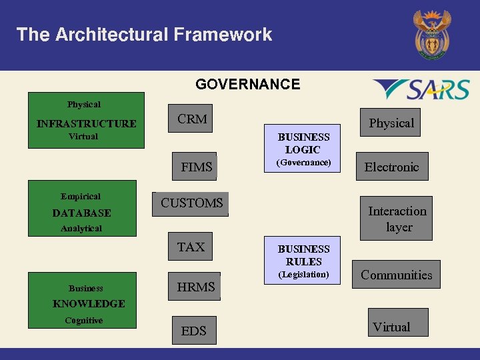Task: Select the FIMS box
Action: pyautogui.click(x=195, y=167)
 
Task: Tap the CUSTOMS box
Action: pyautogui.click(x=191, y=204)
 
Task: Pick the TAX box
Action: pyautogui.click(x=191, y=247)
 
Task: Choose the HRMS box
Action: pyautogui.click(x=195, y=287)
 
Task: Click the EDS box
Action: pyautogui.click(x=194, y=331)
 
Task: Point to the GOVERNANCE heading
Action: pyautogui.click(x=247, y=85)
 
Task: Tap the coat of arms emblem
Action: pyautogui.click(x=431, y=35)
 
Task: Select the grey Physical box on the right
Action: pyautogui.click(x=391, y=123)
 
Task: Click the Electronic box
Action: pyautogui.click(x=391, y=167)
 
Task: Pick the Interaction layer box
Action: pyautogui.click(x=397, y=219)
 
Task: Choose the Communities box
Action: pyautogui.click(x=396, y=275)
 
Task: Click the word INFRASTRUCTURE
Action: pyautogui.click(x=86, y=123)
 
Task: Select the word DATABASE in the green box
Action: pyautogui.click(x=81, y=213)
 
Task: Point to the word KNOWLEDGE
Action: pyautogui.click(x=89, y=304)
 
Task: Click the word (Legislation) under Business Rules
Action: pyautogui.click(x=303, y=275)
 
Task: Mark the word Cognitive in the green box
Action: pyautogui.click(x=84, y=321)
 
